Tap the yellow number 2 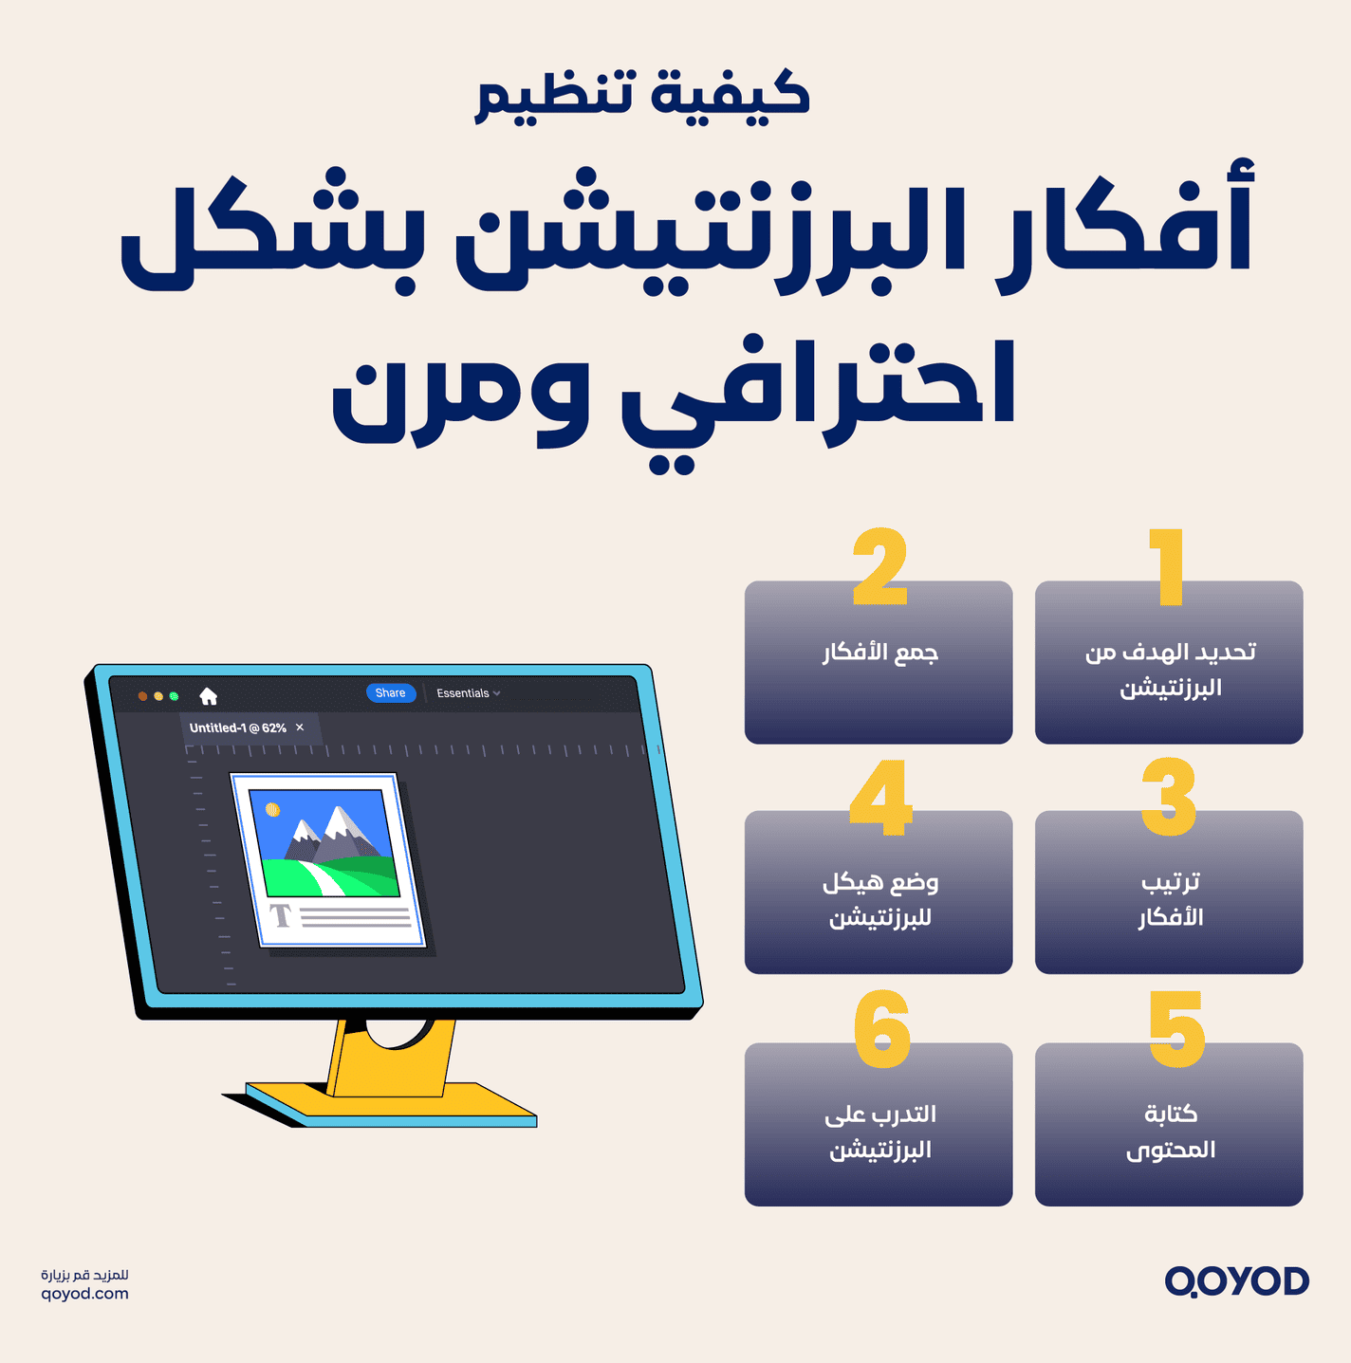click(x=879, y=566)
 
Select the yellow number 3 click(x=1169, y=797)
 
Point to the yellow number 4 click(x=881, y=797)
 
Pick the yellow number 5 click(x=1175, y=1029)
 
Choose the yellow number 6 click(x=881, y=1029)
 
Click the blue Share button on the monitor click(x=390, y=693)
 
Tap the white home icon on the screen click(x=209, y=696)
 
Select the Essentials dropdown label click(x=463, y=693)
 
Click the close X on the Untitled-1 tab click(x=300, y=728)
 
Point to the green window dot click(x=174, y=696)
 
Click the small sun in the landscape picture click(x=273, y=809)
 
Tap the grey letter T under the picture click(x=280, y=915)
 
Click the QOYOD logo click(x=1236, y=1281)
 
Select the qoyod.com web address click(x=84, y=1294)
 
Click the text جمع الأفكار click(x=879, y=653)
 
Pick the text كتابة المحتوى click(x=1170, y=1132)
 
